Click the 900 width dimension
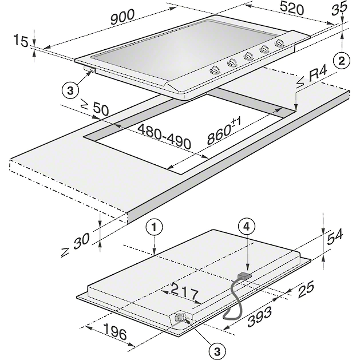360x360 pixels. tap(122, 17)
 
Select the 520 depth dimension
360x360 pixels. tap(292, 9)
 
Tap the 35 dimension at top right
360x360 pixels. tap(339, 9)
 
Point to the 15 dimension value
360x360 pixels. tap(21, 41)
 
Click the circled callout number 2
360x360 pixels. tap(342, 61)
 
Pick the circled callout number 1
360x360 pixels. tap(155, 228)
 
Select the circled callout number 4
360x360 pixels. tap(247, 227)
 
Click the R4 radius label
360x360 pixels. tap(311, 77)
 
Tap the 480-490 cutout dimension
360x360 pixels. tap(164, 136)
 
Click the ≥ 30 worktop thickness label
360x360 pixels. tap(76, 244)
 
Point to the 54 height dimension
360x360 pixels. tap(335, 236)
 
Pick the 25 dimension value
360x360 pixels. tap(306, 290)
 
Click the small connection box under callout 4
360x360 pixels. tap(245, 276)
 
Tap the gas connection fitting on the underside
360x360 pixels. tap(180, 317)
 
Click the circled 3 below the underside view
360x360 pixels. tap(217, 351)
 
